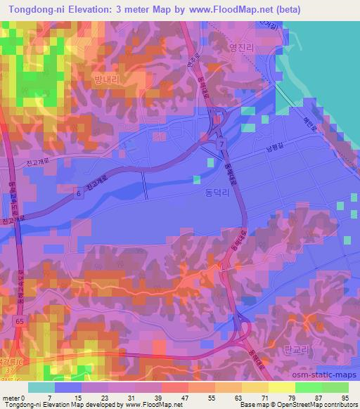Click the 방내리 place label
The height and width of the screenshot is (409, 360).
tap(107, 81)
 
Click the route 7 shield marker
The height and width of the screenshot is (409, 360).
tap(222, 143)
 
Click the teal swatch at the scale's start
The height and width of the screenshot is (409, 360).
tap(41, 387)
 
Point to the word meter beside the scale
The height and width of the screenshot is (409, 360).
tap(11, 396)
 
